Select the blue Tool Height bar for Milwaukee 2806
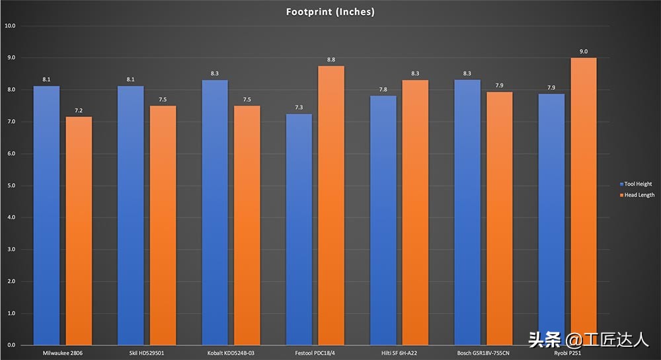pos(46,215)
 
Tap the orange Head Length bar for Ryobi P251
pos(583,201)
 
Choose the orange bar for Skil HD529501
pos(163,225)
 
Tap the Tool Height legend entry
pos(635,184)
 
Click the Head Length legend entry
pos(636,195)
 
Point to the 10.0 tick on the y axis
pos(10,26)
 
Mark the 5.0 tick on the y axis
pos(10,186)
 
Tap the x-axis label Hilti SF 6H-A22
pos(399,353)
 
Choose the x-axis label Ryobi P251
pos(567,353)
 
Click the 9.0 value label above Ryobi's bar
pos(583,52)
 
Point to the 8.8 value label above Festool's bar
pos(330,59)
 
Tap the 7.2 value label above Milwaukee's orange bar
pos(78,110)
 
